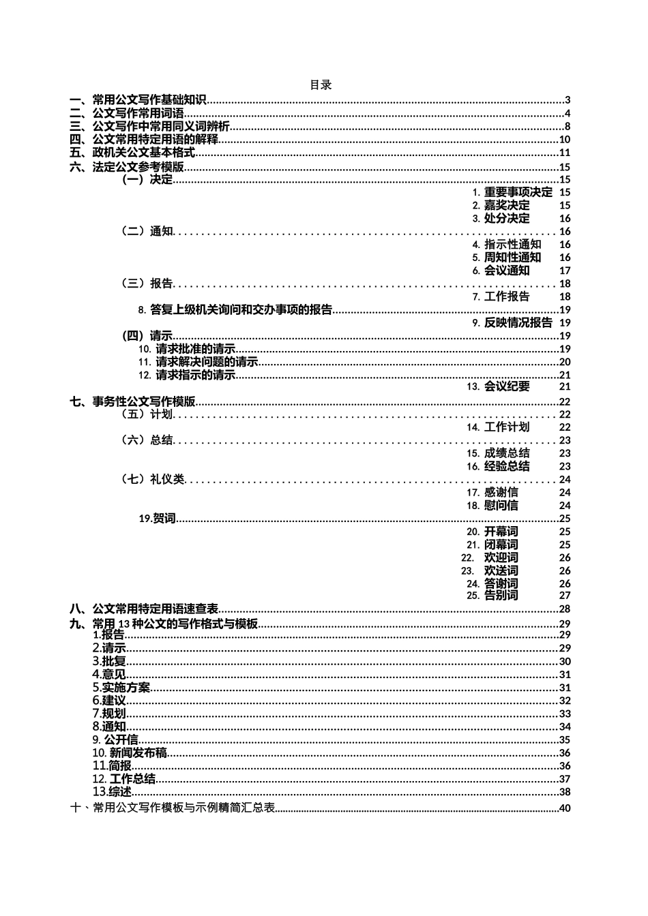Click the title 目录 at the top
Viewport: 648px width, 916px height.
pyautogui.click(x=321, y=85)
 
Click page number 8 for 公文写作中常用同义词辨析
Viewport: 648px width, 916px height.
pyautogui.click(x=567, y=127)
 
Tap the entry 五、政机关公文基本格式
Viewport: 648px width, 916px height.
pyautogui.click(x=132, y=153)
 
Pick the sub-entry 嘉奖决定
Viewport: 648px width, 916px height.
pyautogui.click(x=506, y=205)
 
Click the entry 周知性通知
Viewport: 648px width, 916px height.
pyautogui.click(x=512, y=258)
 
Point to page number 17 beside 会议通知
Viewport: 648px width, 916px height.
pyautogui.click(x=565, y=271)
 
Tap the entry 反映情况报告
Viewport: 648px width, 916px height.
pyautogui.click(x=518, y=323)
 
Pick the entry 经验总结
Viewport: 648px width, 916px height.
pyautogui.click(x=506, y=467)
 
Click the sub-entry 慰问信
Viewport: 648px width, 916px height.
pyautogui.click(x=501, y=506)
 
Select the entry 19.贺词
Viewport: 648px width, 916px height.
pyautogui.click(x=158, y=519)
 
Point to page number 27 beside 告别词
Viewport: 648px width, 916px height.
pyautogui.click(x=565, y=596)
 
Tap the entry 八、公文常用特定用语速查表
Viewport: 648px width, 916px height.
pyautogui.click(x=144, y=609)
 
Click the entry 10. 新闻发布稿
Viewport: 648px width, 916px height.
pyautogui.click(x=130, y=753)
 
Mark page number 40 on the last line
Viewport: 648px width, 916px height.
pyautogui.click(x=564, y=809)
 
